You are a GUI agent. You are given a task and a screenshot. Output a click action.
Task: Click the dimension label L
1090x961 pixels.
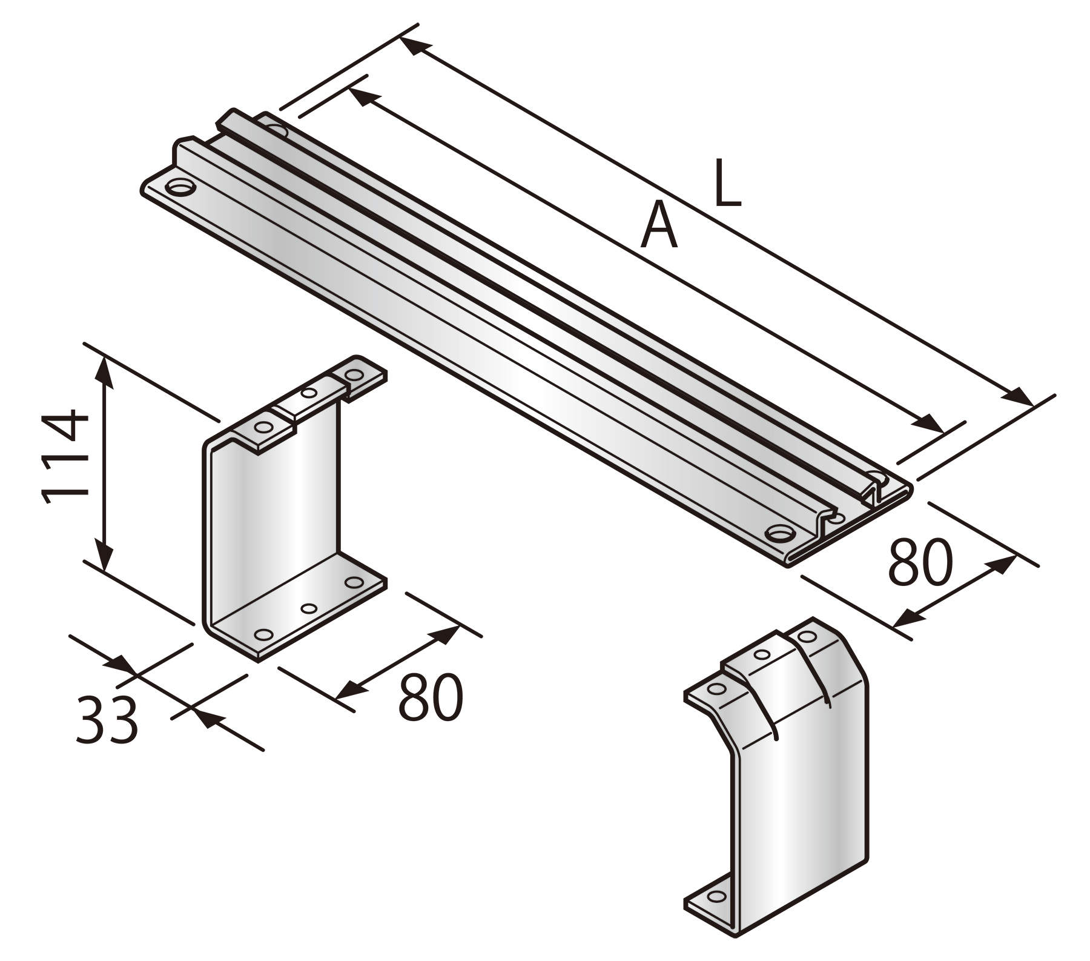(x=727, y=183)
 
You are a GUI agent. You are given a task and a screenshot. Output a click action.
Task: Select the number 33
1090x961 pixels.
(x=107, y=720)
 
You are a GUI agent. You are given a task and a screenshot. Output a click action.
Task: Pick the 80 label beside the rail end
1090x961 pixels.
(x=920, y=563)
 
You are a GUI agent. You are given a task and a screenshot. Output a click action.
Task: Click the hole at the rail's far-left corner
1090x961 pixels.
(x=179, y=187)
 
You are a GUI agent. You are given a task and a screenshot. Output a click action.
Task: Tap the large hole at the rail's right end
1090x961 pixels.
(x=779, y=534)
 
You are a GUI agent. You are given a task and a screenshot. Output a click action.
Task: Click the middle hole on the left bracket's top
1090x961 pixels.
(x=309, y=394)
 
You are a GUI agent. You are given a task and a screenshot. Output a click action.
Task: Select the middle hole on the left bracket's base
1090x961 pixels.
(x=309, y=608)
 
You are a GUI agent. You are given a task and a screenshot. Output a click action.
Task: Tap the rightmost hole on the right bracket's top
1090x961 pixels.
(x=806, y=637)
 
